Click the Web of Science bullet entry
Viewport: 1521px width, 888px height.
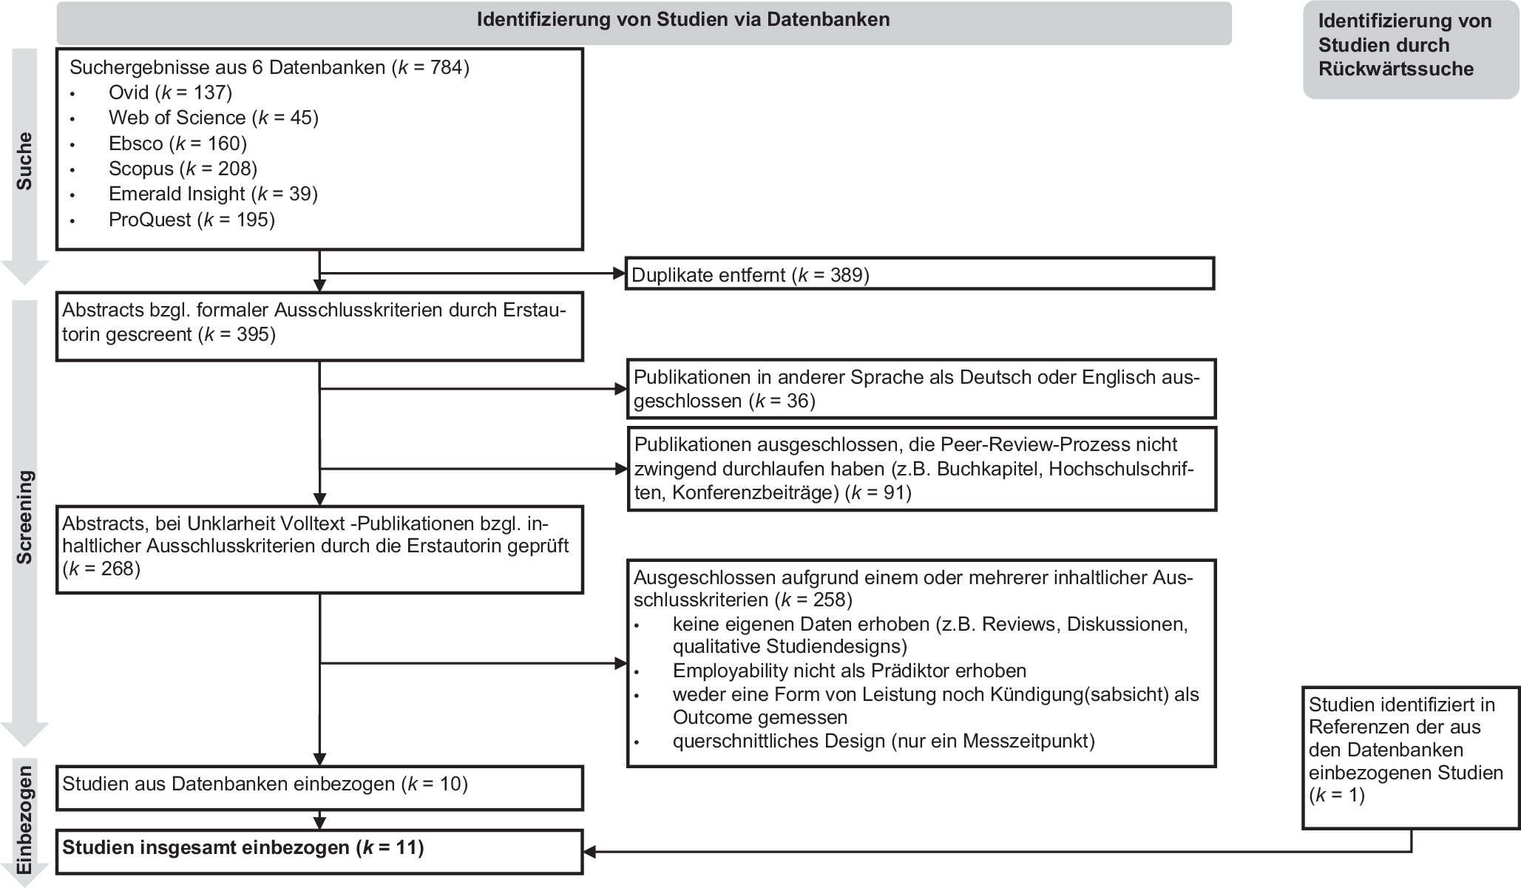point(213,118)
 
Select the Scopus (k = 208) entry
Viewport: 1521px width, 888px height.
point(183,169)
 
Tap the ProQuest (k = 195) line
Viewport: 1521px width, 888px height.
point(192,220)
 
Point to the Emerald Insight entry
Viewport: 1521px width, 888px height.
point(213,194)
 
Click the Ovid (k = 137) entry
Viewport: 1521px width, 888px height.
point(170,92)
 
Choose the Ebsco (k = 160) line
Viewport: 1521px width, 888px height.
point(177,143)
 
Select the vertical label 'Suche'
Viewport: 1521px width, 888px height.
point(25,161)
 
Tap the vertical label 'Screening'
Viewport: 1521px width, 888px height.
point(25,518)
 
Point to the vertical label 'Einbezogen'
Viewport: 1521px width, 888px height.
point(25,821)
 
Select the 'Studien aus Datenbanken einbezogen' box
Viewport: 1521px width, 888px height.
point(319,786)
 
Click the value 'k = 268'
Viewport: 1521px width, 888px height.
point(101,569)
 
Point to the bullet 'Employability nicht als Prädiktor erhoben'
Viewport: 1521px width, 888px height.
point(849,671)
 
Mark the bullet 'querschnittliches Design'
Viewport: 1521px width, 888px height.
point(883,741)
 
